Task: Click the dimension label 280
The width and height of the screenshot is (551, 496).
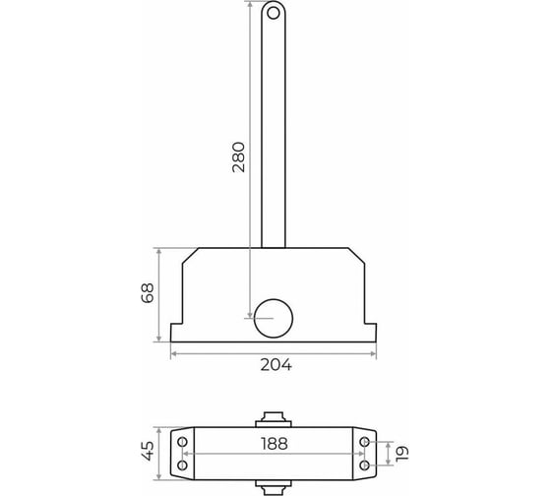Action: click(x=238, y=156)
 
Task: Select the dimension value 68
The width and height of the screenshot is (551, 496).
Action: click(x=148, y=293)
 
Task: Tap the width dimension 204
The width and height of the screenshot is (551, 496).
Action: click(x=275, y=365)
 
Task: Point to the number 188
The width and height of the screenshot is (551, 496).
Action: click(x=275, y=444)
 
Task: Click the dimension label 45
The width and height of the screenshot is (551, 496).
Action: click(x=148, y=451)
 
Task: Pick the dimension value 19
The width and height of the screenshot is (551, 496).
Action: click(x=402, y=454)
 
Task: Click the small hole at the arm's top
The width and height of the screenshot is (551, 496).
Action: click(x=274, y=14)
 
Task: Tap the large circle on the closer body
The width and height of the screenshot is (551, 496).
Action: click(x=274, y=319)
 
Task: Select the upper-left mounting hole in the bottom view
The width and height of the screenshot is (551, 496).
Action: click(x=182, y=442)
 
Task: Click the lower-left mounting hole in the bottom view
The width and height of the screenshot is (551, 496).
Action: click(x=182, y=465)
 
